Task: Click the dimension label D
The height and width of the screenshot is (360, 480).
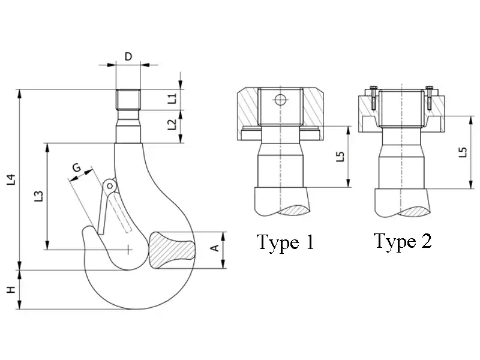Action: pos(128,56)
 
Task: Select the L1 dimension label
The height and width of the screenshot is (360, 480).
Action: pos(172,98)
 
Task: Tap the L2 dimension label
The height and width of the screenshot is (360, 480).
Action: pos(172,125)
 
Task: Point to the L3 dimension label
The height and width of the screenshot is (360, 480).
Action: pos(38,196)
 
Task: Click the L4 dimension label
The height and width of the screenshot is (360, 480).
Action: pos(11,179)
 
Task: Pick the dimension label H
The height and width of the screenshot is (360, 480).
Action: pos(11,290)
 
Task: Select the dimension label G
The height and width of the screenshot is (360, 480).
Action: pos(77,167)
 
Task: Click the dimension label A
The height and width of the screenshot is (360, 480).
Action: pos(215,248)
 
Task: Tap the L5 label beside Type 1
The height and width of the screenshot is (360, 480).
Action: pos(340,157)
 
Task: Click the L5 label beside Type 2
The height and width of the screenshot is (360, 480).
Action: pos(463,152)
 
